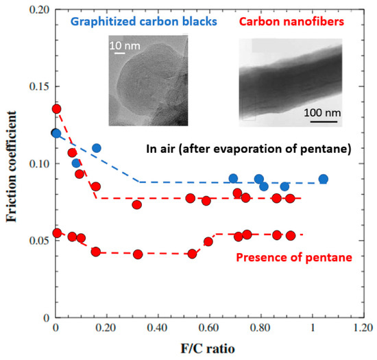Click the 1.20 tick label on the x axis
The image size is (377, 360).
(363, 327)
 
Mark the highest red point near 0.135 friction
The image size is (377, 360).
(56, 108)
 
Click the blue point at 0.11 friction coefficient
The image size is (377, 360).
(97, 148)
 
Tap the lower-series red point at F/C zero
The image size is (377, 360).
(56, 233)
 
